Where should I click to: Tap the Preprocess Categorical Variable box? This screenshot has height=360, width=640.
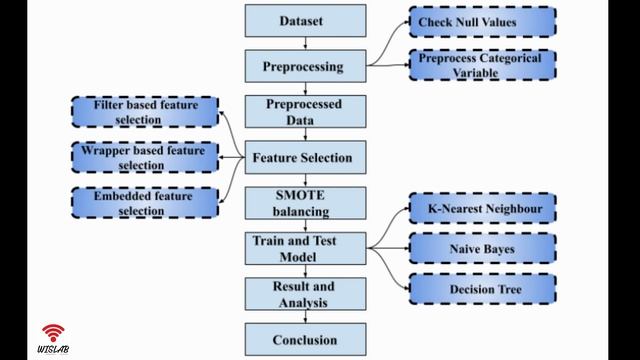[482, 65]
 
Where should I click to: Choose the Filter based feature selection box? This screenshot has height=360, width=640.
[146, 112]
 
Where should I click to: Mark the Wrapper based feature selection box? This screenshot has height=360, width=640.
[146, 157]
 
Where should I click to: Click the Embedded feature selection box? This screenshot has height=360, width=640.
[146, 203]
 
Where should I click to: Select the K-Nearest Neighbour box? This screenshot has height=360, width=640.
[482, 209]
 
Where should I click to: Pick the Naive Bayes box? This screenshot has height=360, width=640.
[482, 248]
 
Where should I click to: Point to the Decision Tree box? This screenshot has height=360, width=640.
[482, 290]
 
